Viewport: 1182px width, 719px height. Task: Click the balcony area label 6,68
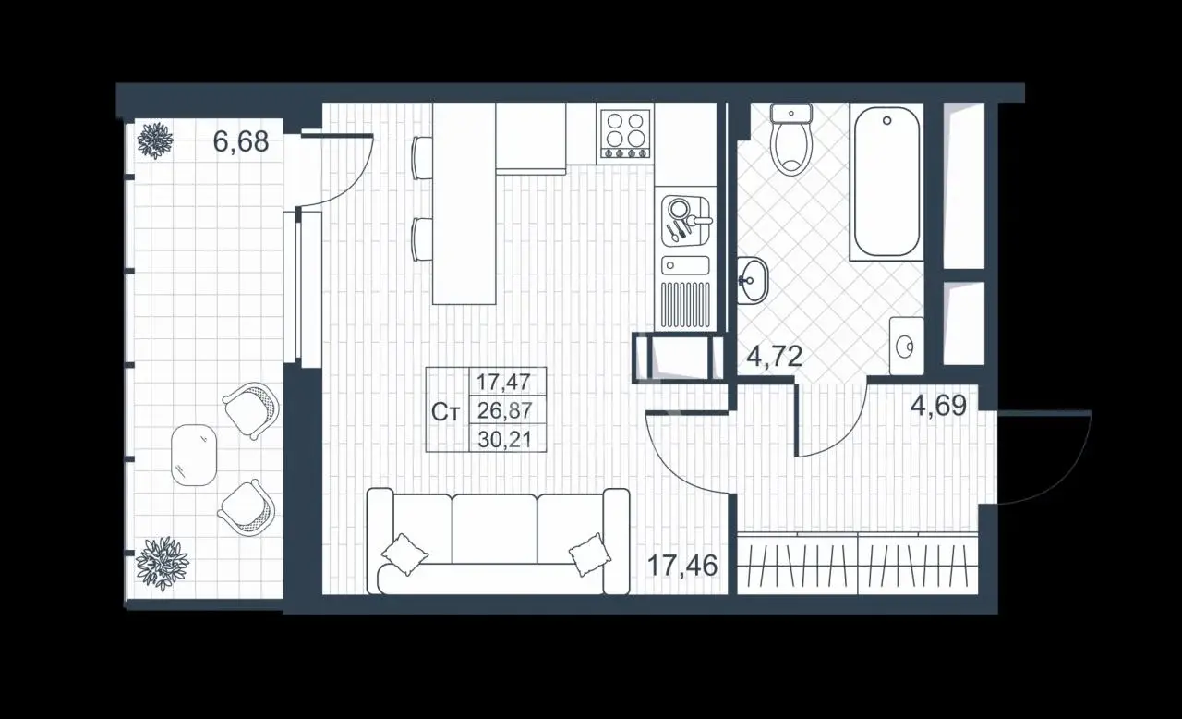point(241,141)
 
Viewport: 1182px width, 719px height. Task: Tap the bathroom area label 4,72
point(775,357)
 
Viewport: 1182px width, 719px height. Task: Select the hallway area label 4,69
point(939,406)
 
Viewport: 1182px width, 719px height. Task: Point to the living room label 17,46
point(682,566)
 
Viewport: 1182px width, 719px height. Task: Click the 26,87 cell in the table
point(504,410)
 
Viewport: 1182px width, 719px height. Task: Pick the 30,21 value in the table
point(504,439)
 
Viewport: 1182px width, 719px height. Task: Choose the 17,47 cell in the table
point(503,381)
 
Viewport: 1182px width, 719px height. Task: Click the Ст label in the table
point(446,412)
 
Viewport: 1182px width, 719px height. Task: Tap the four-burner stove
point(626,134)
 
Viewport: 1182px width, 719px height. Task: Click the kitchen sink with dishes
point(686,221)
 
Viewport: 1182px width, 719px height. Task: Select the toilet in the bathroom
point(790,139)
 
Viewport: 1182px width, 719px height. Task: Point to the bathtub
point(886,182)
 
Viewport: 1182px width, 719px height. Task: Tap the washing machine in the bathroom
point(906,346)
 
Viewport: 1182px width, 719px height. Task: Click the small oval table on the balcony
point(194,455)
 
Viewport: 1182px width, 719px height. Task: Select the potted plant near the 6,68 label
point(155,140)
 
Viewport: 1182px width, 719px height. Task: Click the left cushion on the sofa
point(404,554)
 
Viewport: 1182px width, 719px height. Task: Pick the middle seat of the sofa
point(494,529)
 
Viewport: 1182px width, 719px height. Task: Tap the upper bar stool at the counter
point(422,157)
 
